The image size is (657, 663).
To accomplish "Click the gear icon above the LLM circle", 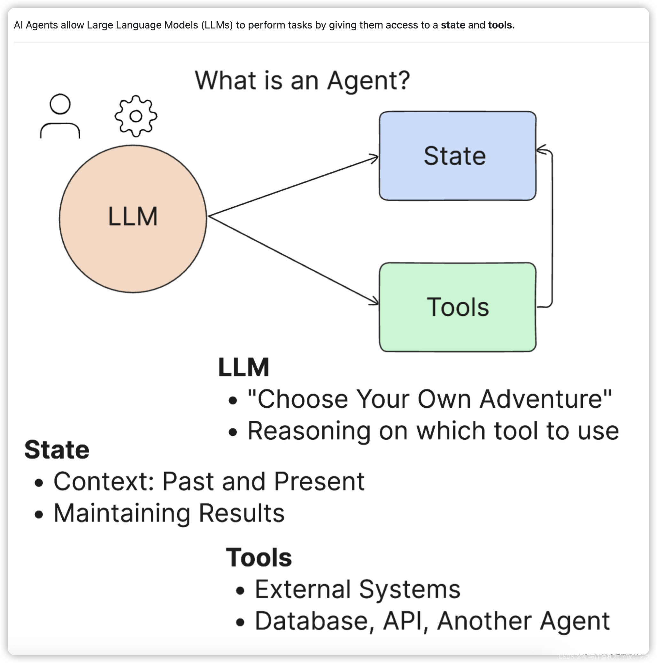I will point(136,116).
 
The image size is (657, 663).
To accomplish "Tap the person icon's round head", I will point(60,104).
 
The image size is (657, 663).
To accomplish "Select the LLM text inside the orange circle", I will point(133,217).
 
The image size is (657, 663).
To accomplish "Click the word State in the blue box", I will point(454,156).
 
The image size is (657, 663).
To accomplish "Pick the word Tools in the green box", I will point(458,307).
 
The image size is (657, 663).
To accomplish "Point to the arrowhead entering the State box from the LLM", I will point(375,157).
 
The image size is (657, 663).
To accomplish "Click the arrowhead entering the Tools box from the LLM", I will point(375,302).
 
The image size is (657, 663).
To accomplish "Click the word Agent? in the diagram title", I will point(368,81).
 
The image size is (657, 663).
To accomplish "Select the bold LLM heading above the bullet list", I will point(243,367).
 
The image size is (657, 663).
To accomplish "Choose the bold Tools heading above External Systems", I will point(259,557).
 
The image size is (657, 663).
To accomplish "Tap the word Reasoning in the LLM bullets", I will point(309,431).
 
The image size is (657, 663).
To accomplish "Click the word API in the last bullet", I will point(402,621).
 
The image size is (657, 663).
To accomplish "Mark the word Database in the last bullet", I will point(311,621).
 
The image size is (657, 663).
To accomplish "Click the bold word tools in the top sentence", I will point(500,25).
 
